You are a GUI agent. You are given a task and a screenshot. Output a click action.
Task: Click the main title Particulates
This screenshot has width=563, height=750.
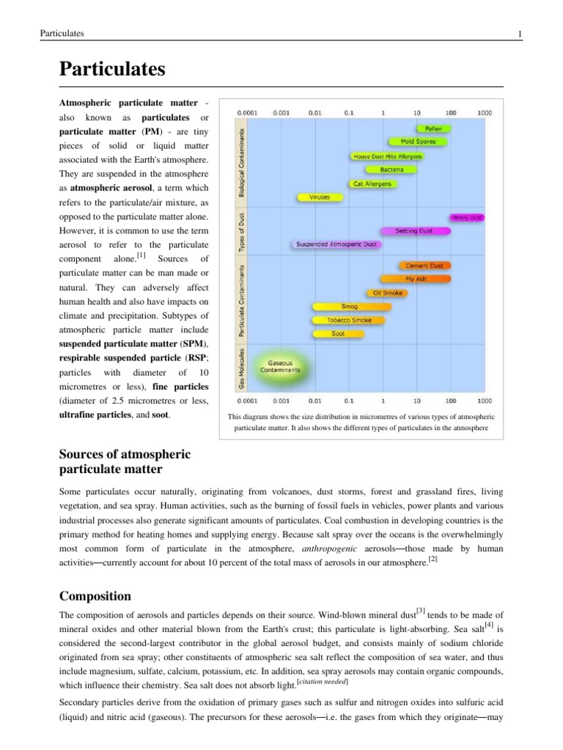point(112,70)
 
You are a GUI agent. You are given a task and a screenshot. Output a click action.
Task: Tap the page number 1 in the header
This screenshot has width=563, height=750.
point(519,34)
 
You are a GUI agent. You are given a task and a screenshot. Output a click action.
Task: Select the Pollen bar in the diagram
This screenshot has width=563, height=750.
point(433,128)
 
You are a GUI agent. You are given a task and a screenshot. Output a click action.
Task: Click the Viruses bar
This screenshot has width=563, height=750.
point(320,198)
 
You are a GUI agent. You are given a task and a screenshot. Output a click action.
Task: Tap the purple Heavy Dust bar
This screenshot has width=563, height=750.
point(466,218)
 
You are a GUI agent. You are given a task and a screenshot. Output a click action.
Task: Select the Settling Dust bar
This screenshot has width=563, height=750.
point(413,231)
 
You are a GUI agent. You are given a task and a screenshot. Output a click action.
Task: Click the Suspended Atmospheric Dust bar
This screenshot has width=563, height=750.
point(338,245)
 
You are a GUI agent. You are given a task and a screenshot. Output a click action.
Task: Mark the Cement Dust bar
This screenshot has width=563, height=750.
point(423,265)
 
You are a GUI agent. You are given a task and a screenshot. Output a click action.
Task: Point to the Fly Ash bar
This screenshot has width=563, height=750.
point(415,279)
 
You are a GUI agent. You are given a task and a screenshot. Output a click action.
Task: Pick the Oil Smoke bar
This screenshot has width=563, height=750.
point(387,293)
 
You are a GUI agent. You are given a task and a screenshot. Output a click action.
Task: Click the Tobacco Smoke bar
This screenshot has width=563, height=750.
point(349,320)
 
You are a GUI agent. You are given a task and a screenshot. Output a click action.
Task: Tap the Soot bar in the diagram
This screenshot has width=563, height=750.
point(338,334)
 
